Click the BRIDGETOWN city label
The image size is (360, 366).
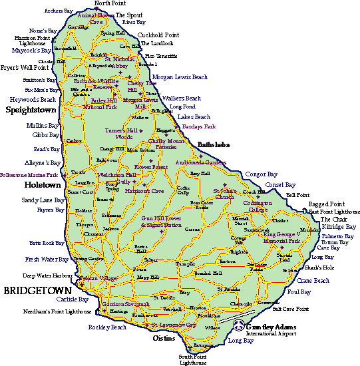36,291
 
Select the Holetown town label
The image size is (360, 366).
42,184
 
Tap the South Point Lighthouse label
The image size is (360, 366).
193,359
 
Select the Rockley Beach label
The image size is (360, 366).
107,327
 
